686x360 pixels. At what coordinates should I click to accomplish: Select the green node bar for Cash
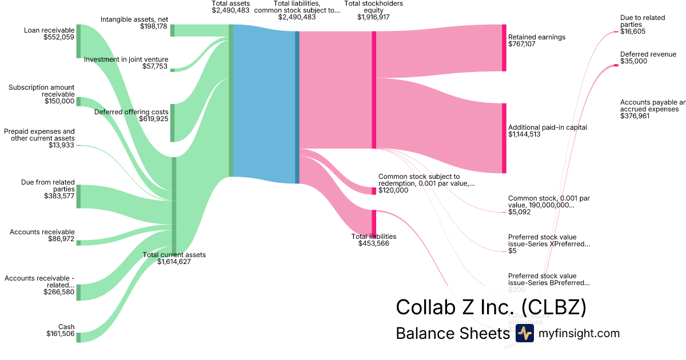coord(79,337)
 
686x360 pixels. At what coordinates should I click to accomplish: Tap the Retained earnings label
coord(536,37)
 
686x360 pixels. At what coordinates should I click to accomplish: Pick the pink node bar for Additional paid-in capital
coord(504,138)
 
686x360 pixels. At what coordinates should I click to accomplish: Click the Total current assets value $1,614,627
coord(167,262)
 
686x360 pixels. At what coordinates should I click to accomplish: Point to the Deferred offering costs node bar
coord(172,123)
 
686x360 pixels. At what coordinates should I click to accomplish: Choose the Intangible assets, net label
coord(134,19)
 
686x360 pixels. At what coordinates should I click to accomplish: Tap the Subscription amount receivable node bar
coord(79,102)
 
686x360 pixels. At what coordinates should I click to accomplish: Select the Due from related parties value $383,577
coord(59,196)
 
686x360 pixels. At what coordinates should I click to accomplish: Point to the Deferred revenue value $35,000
coord(633,61)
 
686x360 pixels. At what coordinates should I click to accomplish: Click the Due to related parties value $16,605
coord(633,32)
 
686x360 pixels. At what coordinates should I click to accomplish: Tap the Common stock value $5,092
coord(519,212)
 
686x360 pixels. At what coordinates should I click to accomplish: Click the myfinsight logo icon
coord(524,334)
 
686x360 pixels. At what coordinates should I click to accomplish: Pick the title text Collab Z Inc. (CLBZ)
coord(491,307)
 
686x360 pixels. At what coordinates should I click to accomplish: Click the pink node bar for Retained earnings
coord(504,48)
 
